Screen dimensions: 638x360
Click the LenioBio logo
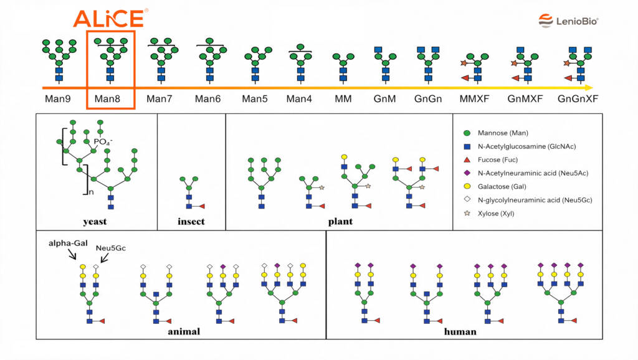(x=568, y=21)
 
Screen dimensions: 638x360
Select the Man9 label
(x=58, y=99)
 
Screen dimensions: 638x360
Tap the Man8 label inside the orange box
(x=107, y=99)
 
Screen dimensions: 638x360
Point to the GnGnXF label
(x=578, y=99)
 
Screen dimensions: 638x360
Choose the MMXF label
(x=474, y=99)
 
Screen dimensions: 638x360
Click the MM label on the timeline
(x=343, y=99)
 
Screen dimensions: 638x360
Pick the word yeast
(x=95, y=222)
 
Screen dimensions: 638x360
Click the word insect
(x=191, y=222)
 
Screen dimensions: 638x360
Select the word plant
(x=341, y=222)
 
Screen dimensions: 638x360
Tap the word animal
(x=184, y=331)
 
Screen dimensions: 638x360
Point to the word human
(x=460, y=331)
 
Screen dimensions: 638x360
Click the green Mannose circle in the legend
(x=467, y=133)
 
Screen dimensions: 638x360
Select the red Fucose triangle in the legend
(x=467, y=160)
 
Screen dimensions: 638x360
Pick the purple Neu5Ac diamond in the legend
(x=467, y=173)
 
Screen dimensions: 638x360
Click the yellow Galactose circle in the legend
(x=467, y=186)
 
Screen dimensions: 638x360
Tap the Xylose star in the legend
(x=467, y=213)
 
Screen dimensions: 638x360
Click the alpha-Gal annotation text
(x=68, y=244)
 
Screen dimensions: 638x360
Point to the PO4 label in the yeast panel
(x=103, y=141)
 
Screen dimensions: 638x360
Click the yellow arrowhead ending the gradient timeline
(x=588, y=87)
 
